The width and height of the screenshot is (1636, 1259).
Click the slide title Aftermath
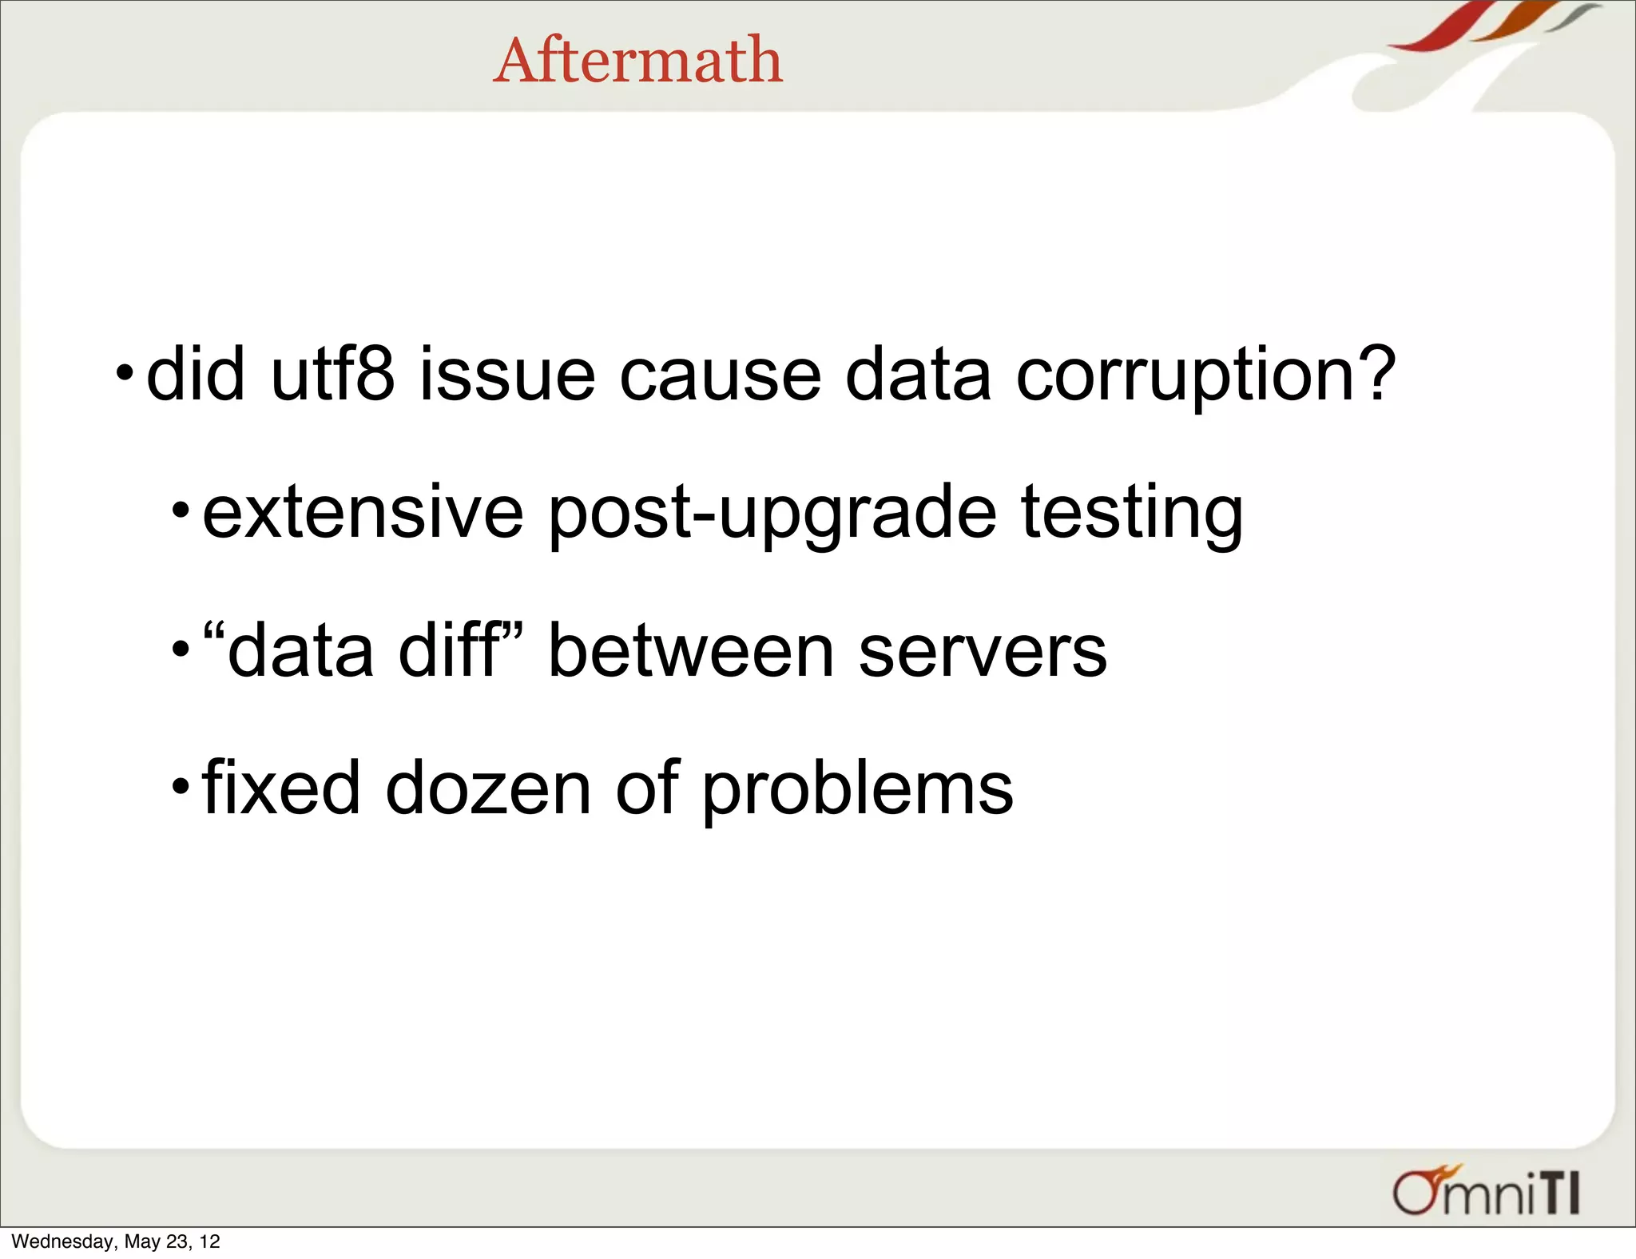coord(637,61)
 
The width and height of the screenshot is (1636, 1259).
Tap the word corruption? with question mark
coord(1205,375)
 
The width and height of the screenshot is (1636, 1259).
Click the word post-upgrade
coord(772,513)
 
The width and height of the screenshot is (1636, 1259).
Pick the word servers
coord(983,652)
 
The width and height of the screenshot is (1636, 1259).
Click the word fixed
coord(281,788)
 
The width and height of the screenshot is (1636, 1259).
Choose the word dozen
coord(488,788)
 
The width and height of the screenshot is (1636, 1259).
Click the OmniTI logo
coord(1486,1192)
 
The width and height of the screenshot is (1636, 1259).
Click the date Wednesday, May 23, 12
coord(116,1241)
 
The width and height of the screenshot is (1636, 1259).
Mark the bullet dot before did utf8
coord(125,372)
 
